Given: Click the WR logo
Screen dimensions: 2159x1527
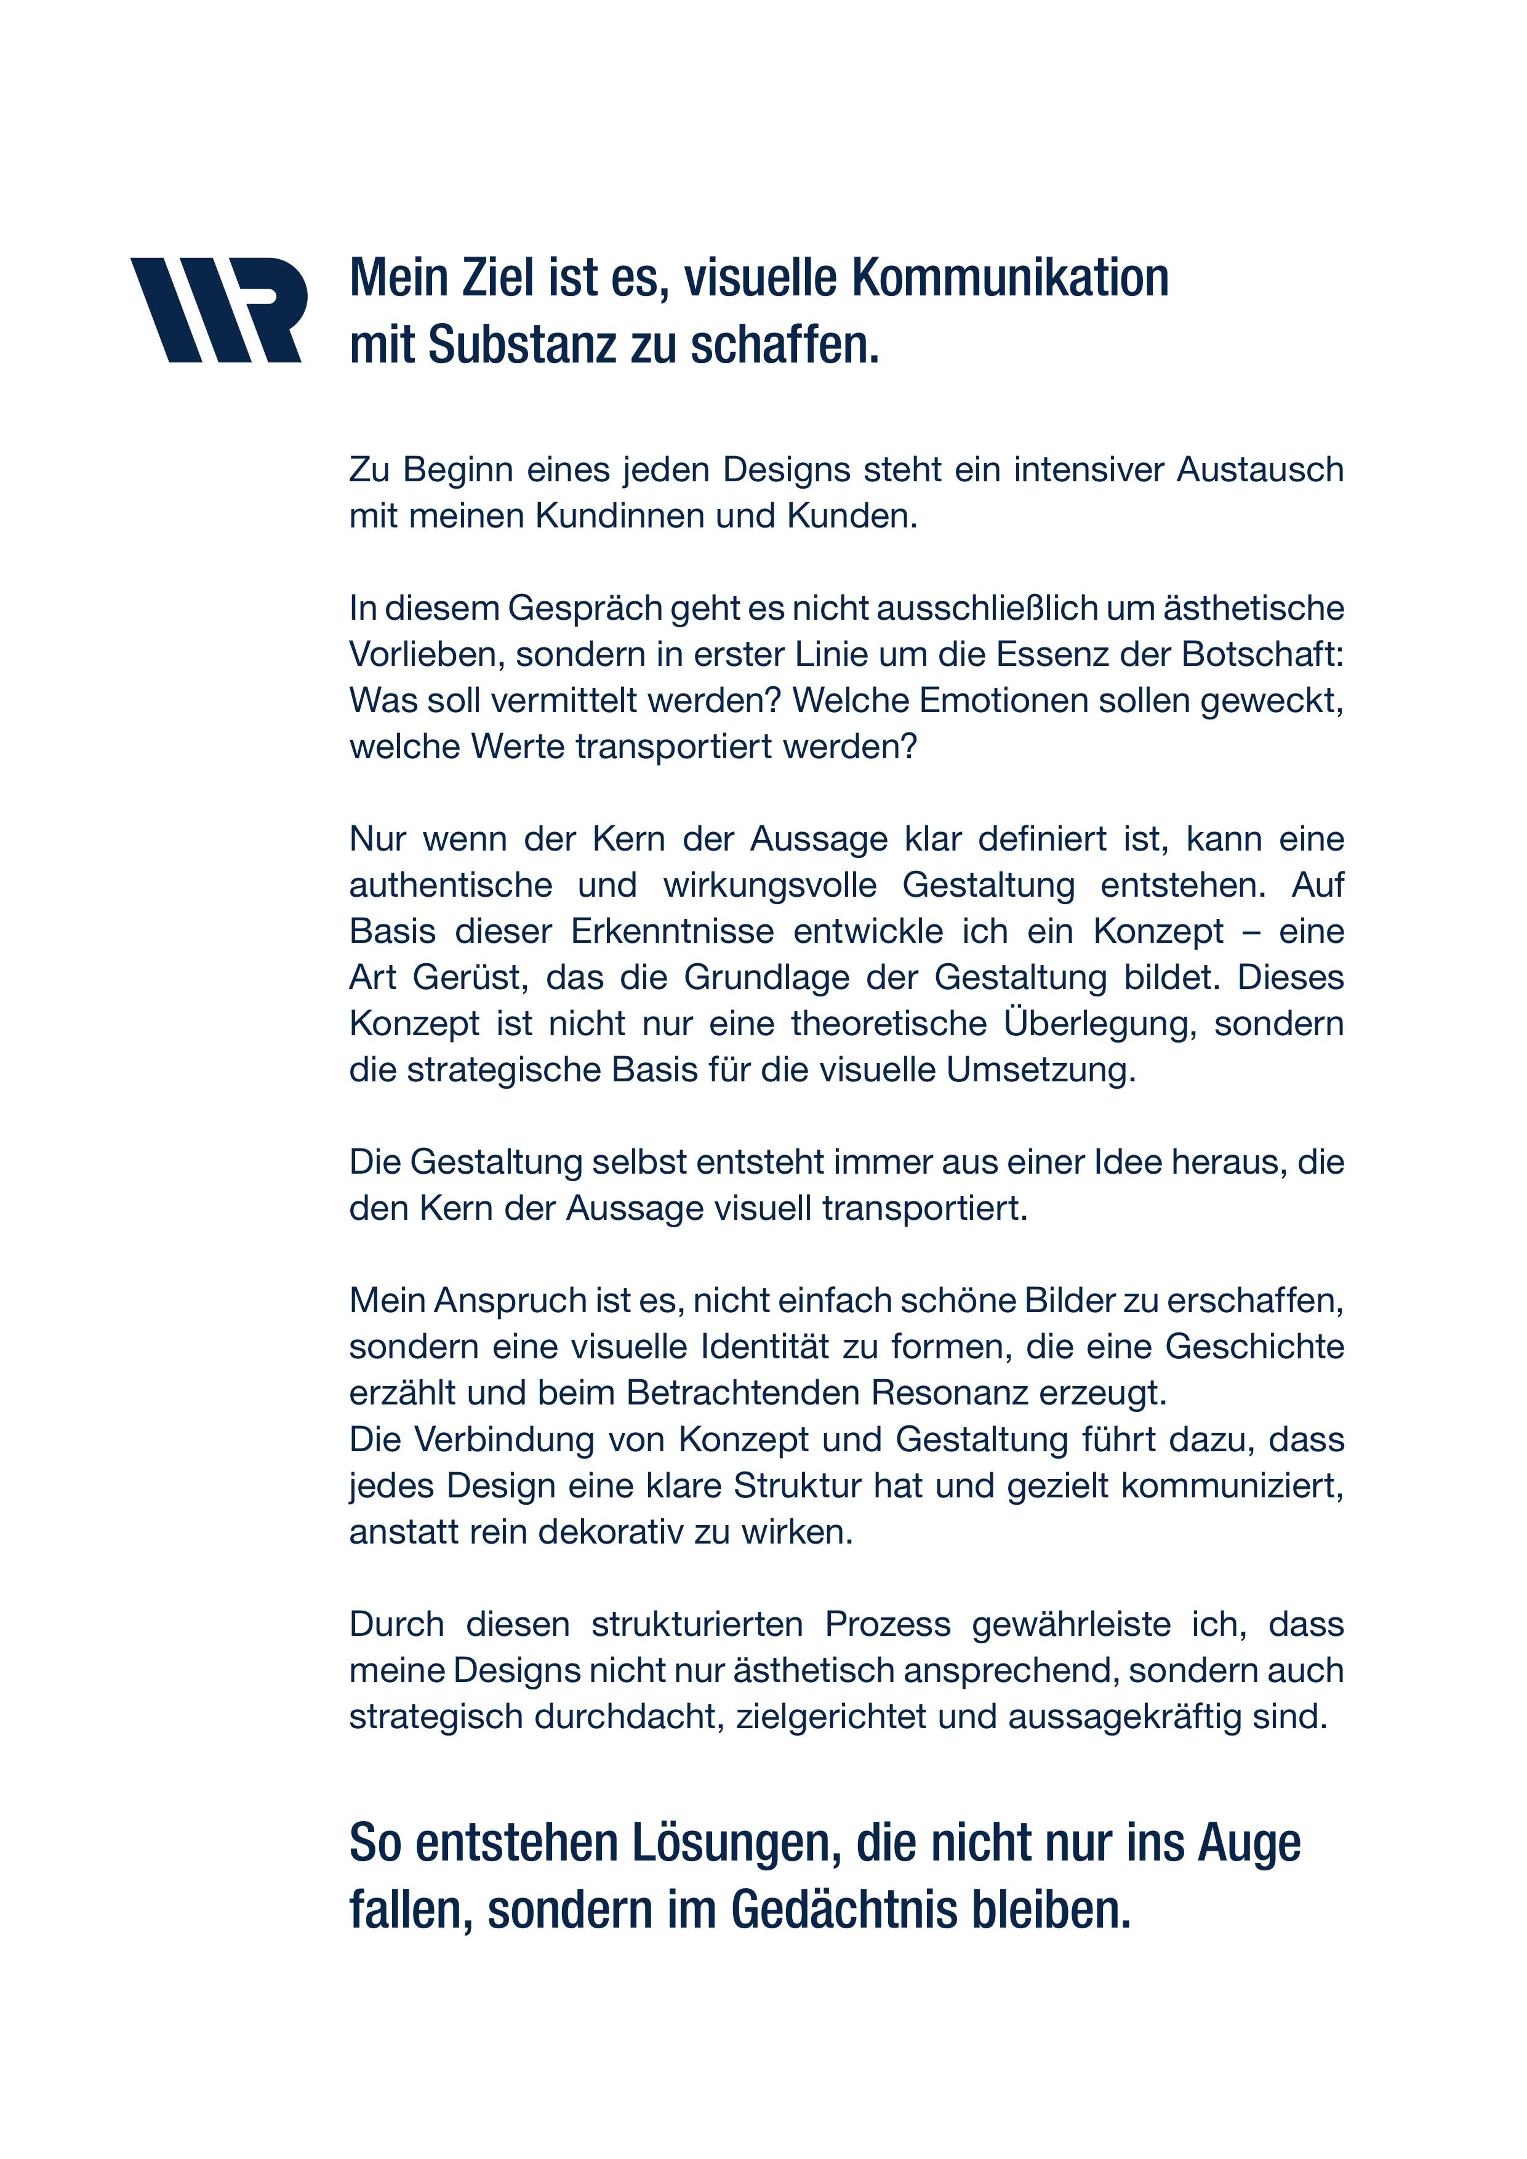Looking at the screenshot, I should click(x=215, y=310).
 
